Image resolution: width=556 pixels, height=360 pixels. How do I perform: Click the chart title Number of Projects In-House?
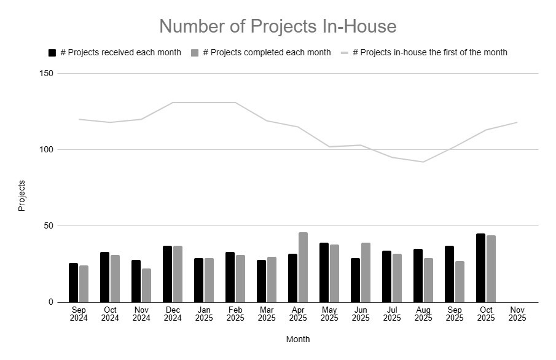pyautogui.click(x=278, y=26)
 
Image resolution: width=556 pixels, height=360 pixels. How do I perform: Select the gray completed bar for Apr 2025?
pyautogui.click(x=303, y=267)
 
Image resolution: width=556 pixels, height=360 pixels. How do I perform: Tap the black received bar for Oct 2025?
pyautogui.click(x=480, y=268)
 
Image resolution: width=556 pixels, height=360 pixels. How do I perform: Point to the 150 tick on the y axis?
pyautogui.click(x=47, y=74)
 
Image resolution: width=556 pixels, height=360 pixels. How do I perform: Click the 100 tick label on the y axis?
pyautogui.click(x=47, y=150)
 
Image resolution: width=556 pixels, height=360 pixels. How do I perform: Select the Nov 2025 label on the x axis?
pyautogui.click(x=517, y=313)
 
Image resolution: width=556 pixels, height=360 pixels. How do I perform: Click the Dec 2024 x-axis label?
pyautogui.click(x=173, y=313)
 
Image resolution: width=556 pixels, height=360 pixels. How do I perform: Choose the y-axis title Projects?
pyautogui.click(x=22, y=195)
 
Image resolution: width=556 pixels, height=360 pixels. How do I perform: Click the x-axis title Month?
pyautogui.click(x=298, y=339)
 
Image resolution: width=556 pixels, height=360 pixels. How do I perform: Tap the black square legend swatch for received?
pyautogui.click(x=52, y=53)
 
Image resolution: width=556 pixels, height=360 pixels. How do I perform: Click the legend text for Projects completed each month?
pyautogui.click(x=267, y=53)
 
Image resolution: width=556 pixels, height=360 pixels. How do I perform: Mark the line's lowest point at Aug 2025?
pyautogui.click(x=423, y=162)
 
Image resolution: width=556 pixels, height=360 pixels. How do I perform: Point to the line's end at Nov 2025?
pyautogui.click(x=517, y=122)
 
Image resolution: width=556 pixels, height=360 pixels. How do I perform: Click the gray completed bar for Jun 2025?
pyautogui.click(x=366, y=272)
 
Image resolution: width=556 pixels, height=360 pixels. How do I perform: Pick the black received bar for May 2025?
pyautogui.click(x=324, y=272)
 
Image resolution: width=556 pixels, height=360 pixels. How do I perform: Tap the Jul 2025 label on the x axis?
pyautogui.click(x=391, y=313)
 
